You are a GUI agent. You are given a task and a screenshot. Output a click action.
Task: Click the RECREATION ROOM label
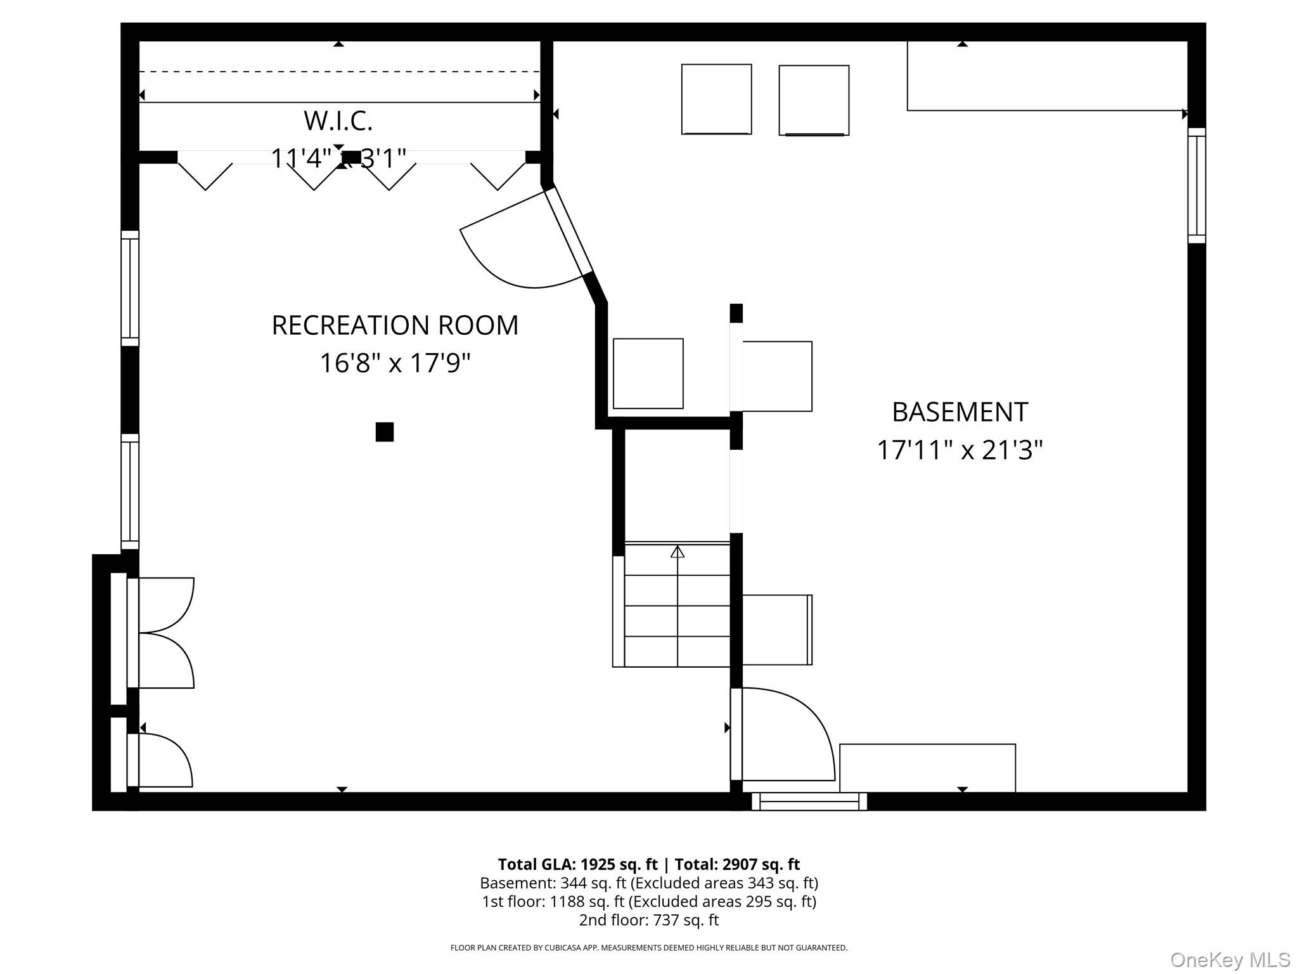(x=395, y=325)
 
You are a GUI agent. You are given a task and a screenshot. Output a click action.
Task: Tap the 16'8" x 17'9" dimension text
(x=395, y=363)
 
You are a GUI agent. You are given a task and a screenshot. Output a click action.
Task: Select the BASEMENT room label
(x=960, y=412)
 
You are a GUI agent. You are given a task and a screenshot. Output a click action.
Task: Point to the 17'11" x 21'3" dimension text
(x=960, y=450)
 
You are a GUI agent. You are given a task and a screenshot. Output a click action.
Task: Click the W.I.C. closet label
(x=338, y=121)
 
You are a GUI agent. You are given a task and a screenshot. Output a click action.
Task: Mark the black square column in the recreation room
(x=385, y=432)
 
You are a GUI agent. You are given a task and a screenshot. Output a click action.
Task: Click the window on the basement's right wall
(x=1197, y=185)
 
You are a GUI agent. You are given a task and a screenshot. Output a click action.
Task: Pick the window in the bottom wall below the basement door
(x=809, y=802)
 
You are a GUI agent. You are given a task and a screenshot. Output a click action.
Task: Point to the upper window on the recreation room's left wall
(x=130, y=289)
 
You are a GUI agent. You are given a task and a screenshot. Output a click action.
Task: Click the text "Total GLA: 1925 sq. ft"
(x=577, y=864)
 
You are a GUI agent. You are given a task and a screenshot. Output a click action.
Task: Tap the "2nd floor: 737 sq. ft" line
(x=649, y=920)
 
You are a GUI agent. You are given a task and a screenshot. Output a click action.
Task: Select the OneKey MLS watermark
(x=1230, y=960)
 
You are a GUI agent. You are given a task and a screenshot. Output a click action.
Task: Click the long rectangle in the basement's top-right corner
(x=1047, y=76)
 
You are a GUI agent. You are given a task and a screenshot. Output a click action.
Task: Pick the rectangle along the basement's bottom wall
(x=928, y=768)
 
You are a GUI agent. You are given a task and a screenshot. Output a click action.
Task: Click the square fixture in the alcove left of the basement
(x=648, y=373)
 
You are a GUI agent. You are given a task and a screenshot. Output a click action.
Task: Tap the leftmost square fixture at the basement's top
(x=717, y=99)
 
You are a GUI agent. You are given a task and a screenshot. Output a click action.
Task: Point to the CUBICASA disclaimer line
(x=649, y=948)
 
